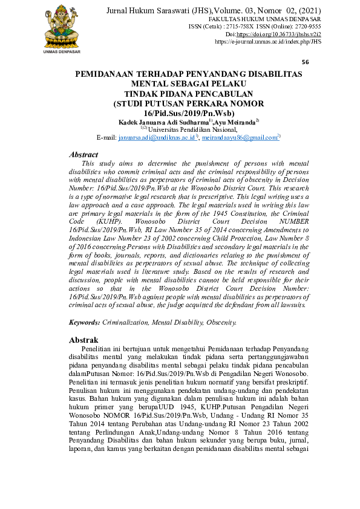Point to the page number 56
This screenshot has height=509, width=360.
[305, 62]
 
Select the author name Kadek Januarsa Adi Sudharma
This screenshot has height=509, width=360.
[159, 122]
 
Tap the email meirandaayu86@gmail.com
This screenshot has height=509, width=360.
[240, 137]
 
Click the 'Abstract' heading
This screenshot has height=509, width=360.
[83, 155]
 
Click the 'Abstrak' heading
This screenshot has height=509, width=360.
[83, 340]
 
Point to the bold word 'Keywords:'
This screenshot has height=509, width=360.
[85, 323]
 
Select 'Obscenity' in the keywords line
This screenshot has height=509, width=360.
[220, 323]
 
